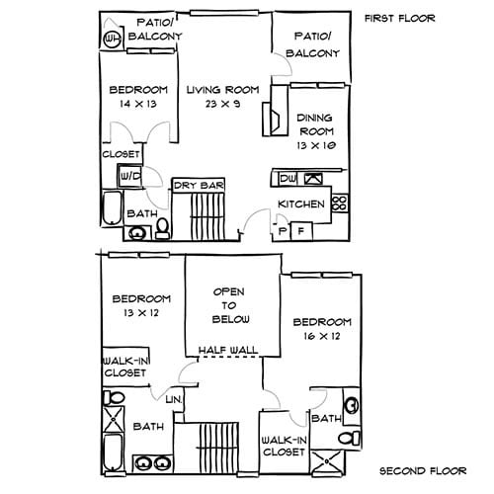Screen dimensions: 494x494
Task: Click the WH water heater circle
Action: tap(111, 38)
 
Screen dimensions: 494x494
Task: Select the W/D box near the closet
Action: tap(129, 176)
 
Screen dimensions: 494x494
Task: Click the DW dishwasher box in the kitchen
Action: tap(287, 179)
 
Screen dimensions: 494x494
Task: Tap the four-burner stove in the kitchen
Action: tap(339, 204)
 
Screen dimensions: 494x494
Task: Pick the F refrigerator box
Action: tap(300, 230)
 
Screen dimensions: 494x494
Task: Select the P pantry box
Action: tap(283, 230)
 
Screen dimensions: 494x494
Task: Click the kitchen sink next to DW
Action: tap(313, 179)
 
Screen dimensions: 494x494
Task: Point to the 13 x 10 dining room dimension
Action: tap(316, 146)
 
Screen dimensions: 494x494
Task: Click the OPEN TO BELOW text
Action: tap(232, 306)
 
